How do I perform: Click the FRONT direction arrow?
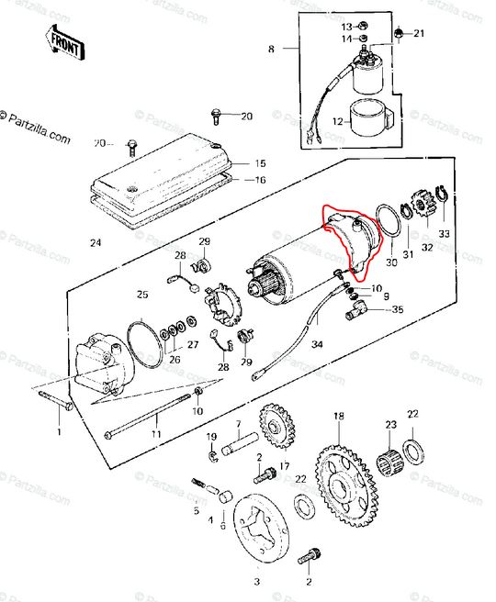point(64,43)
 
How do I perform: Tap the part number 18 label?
point(339,416)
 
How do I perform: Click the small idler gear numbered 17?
point(276,426)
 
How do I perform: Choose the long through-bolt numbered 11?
point(148,416)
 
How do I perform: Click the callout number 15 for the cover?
point(261,163)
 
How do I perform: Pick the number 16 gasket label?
point(261,180)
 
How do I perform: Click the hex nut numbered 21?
point(399,33)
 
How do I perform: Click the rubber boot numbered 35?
point(356,309)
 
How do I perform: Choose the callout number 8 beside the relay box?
point(271,50)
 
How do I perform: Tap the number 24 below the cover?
point(96,242)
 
